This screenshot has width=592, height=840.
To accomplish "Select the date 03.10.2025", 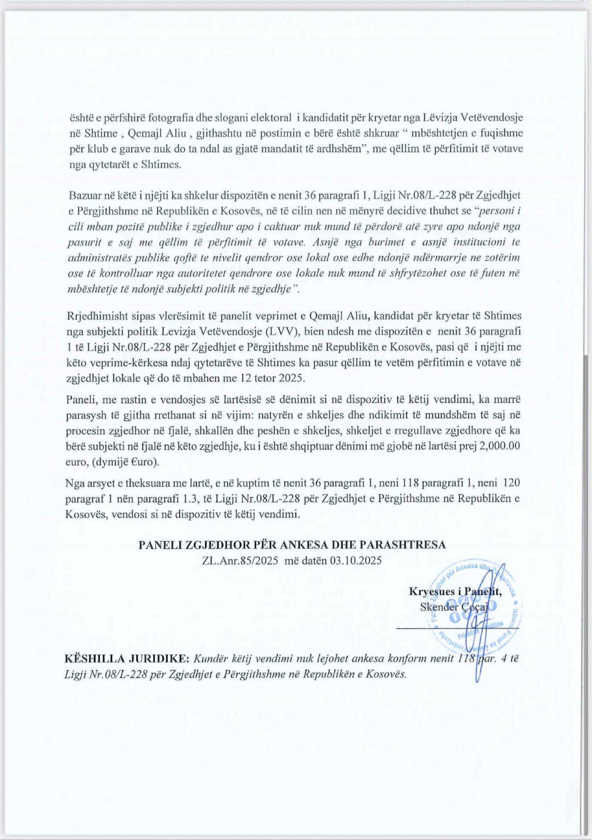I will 355,561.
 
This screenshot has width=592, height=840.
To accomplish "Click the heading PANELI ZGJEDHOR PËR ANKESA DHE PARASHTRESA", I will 292,545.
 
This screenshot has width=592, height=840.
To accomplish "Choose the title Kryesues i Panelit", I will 455,592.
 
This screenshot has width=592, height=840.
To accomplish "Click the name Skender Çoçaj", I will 454,607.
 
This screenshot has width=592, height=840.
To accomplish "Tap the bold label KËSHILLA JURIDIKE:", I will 127,658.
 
